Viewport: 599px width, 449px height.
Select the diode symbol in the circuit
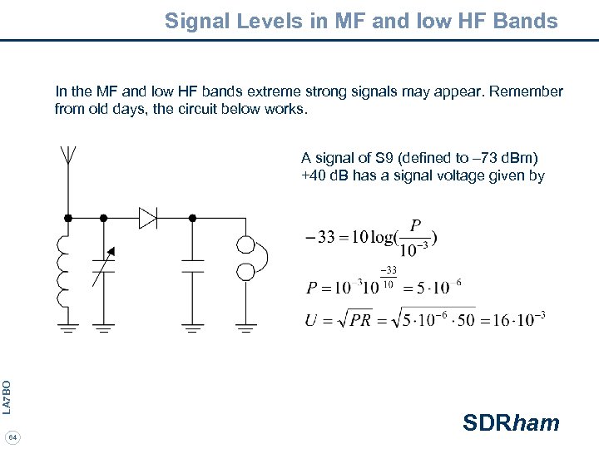[148, 218]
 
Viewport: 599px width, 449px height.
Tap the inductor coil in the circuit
[62, 270]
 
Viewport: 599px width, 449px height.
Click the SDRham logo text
[511, 422]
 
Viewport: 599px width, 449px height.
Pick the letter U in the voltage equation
[311, 320]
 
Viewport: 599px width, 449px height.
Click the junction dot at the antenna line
[68, 218]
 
